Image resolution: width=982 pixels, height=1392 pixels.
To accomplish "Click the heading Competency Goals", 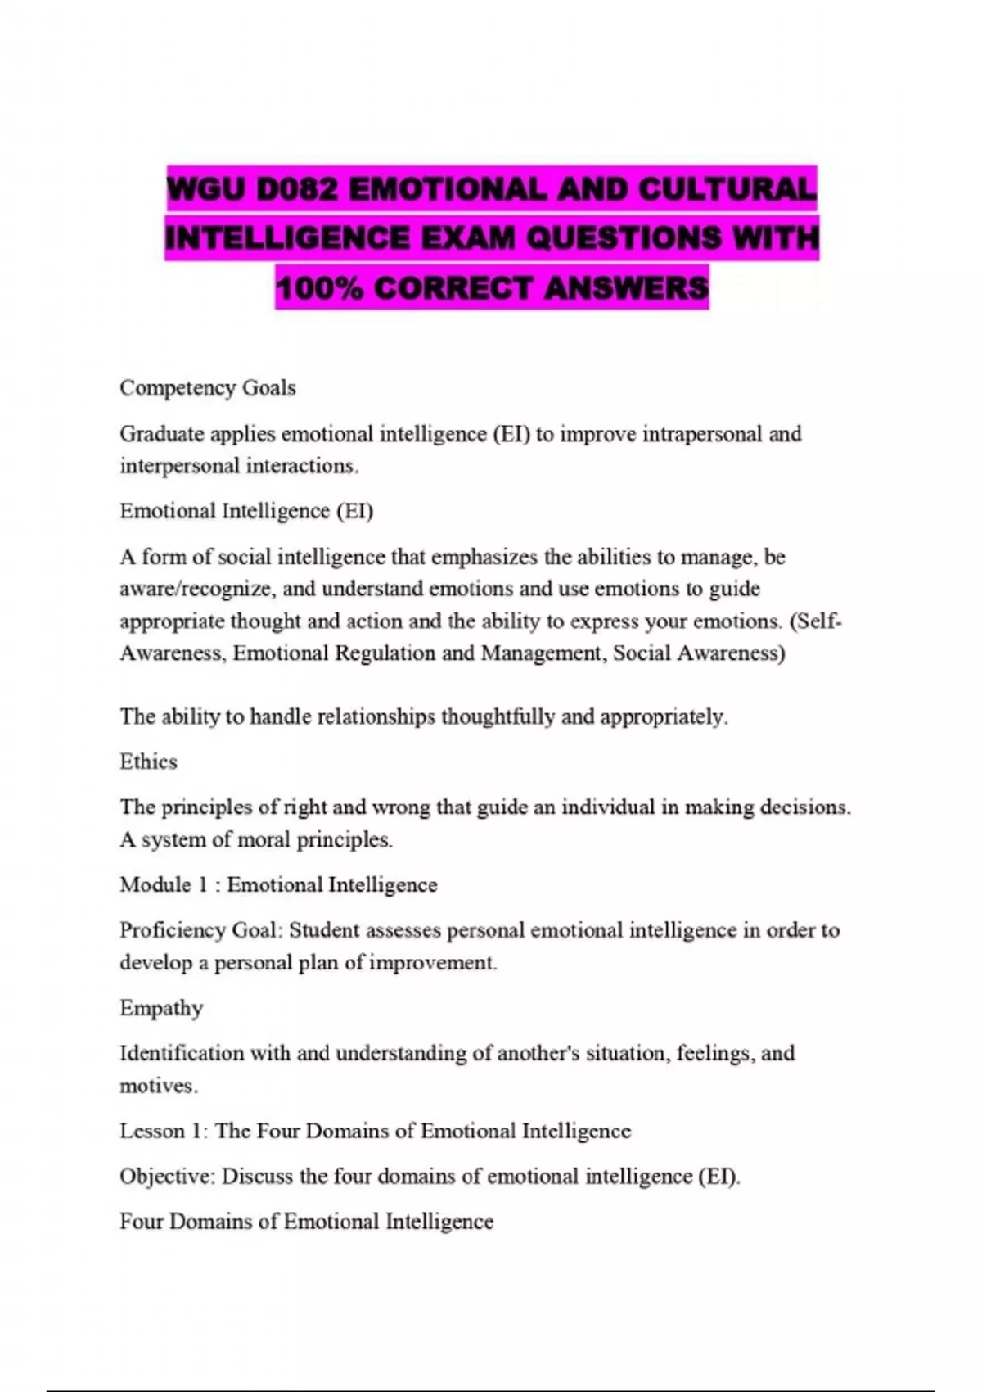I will (x=208, y=387).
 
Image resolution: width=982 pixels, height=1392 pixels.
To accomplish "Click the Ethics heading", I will (x=148, y=762).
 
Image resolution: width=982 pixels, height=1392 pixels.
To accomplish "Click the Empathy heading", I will (x=161, y=1007).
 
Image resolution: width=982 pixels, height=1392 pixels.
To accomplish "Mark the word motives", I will (x=157, y=1086).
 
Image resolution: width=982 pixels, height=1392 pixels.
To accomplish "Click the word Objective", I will (x=166, y=1176).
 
